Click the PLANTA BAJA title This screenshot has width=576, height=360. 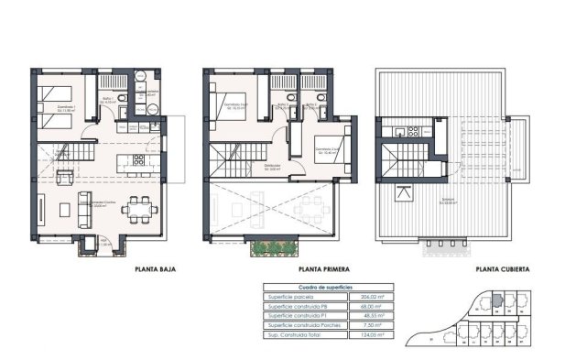[x=154, y=270]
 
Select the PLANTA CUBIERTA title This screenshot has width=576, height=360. [x=501, y=270]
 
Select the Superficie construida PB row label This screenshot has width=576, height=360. [x=299, y=306]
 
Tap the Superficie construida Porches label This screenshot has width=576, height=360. [x=303, y=324]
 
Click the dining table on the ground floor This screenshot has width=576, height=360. [x=138, y=210]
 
